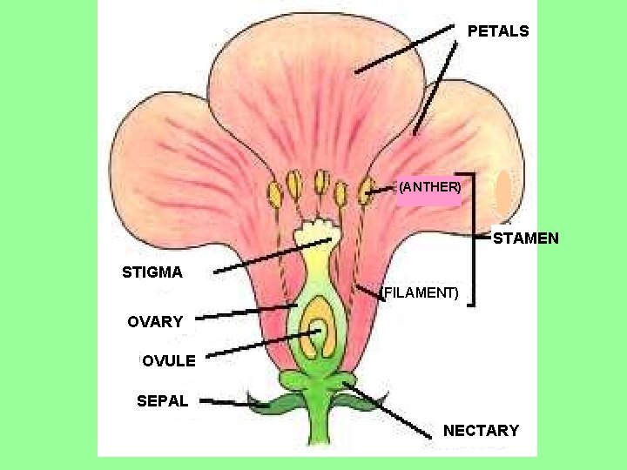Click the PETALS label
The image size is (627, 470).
(497, 31)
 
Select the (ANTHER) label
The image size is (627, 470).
(429, 186)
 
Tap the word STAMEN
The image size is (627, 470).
(526, 238)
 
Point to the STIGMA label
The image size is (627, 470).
(152, 272)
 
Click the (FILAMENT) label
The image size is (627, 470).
(421, 292)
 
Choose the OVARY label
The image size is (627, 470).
(155, 322)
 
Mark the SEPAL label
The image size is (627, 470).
(162, 401)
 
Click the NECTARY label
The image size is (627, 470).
(481, 430)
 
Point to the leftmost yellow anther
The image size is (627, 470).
(275, 192)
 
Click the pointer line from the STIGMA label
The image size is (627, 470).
(270, 256)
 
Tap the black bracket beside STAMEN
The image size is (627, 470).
(473, 237)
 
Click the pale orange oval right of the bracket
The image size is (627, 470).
(504, 194)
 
